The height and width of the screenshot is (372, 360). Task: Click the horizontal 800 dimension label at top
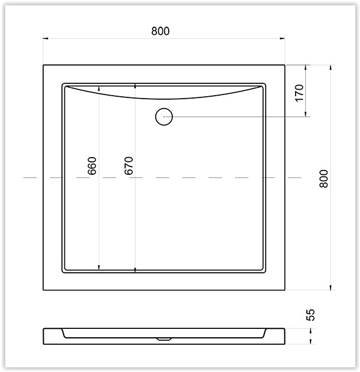click(161, 31)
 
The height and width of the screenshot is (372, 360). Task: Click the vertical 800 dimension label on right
click(324, 179)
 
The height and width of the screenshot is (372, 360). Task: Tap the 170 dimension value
click(299, 93)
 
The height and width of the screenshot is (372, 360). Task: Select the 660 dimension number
click(92, 165)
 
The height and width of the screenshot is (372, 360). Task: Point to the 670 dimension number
click(129, 165)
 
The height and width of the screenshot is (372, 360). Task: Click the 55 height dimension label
click(310, 315)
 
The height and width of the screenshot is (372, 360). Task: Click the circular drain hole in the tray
click(164, 116)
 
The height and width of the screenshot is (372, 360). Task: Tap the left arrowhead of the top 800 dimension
click(45, 38)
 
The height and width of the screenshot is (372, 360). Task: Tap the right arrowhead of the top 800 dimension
click(282, 38)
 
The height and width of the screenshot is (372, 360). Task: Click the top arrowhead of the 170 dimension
click(306, 68)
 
